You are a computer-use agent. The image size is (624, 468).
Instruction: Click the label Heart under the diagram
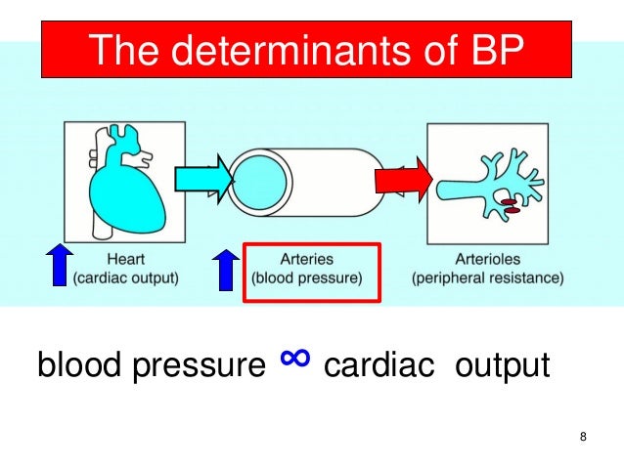pyautogui.click(x=125, y=260)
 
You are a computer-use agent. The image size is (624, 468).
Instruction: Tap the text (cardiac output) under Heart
pyautogui.click(x=126, y=278)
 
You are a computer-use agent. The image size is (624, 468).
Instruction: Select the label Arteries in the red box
pyautogui.click(x=307, y=260)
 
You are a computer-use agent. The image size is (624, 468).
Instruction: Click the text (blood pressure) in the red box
pyautogui.click(x=307, y=278)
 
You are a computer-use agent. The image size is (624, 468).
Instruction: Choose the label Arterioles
pyautogui.click(x=488, y=260)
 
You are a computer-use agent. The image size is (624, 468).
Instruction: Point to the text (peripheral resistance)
pyautogui.click(x=488, y=278)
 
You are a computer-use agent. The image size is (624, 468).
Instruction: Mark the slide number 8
pyautogui.click(x=583, y=436)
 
